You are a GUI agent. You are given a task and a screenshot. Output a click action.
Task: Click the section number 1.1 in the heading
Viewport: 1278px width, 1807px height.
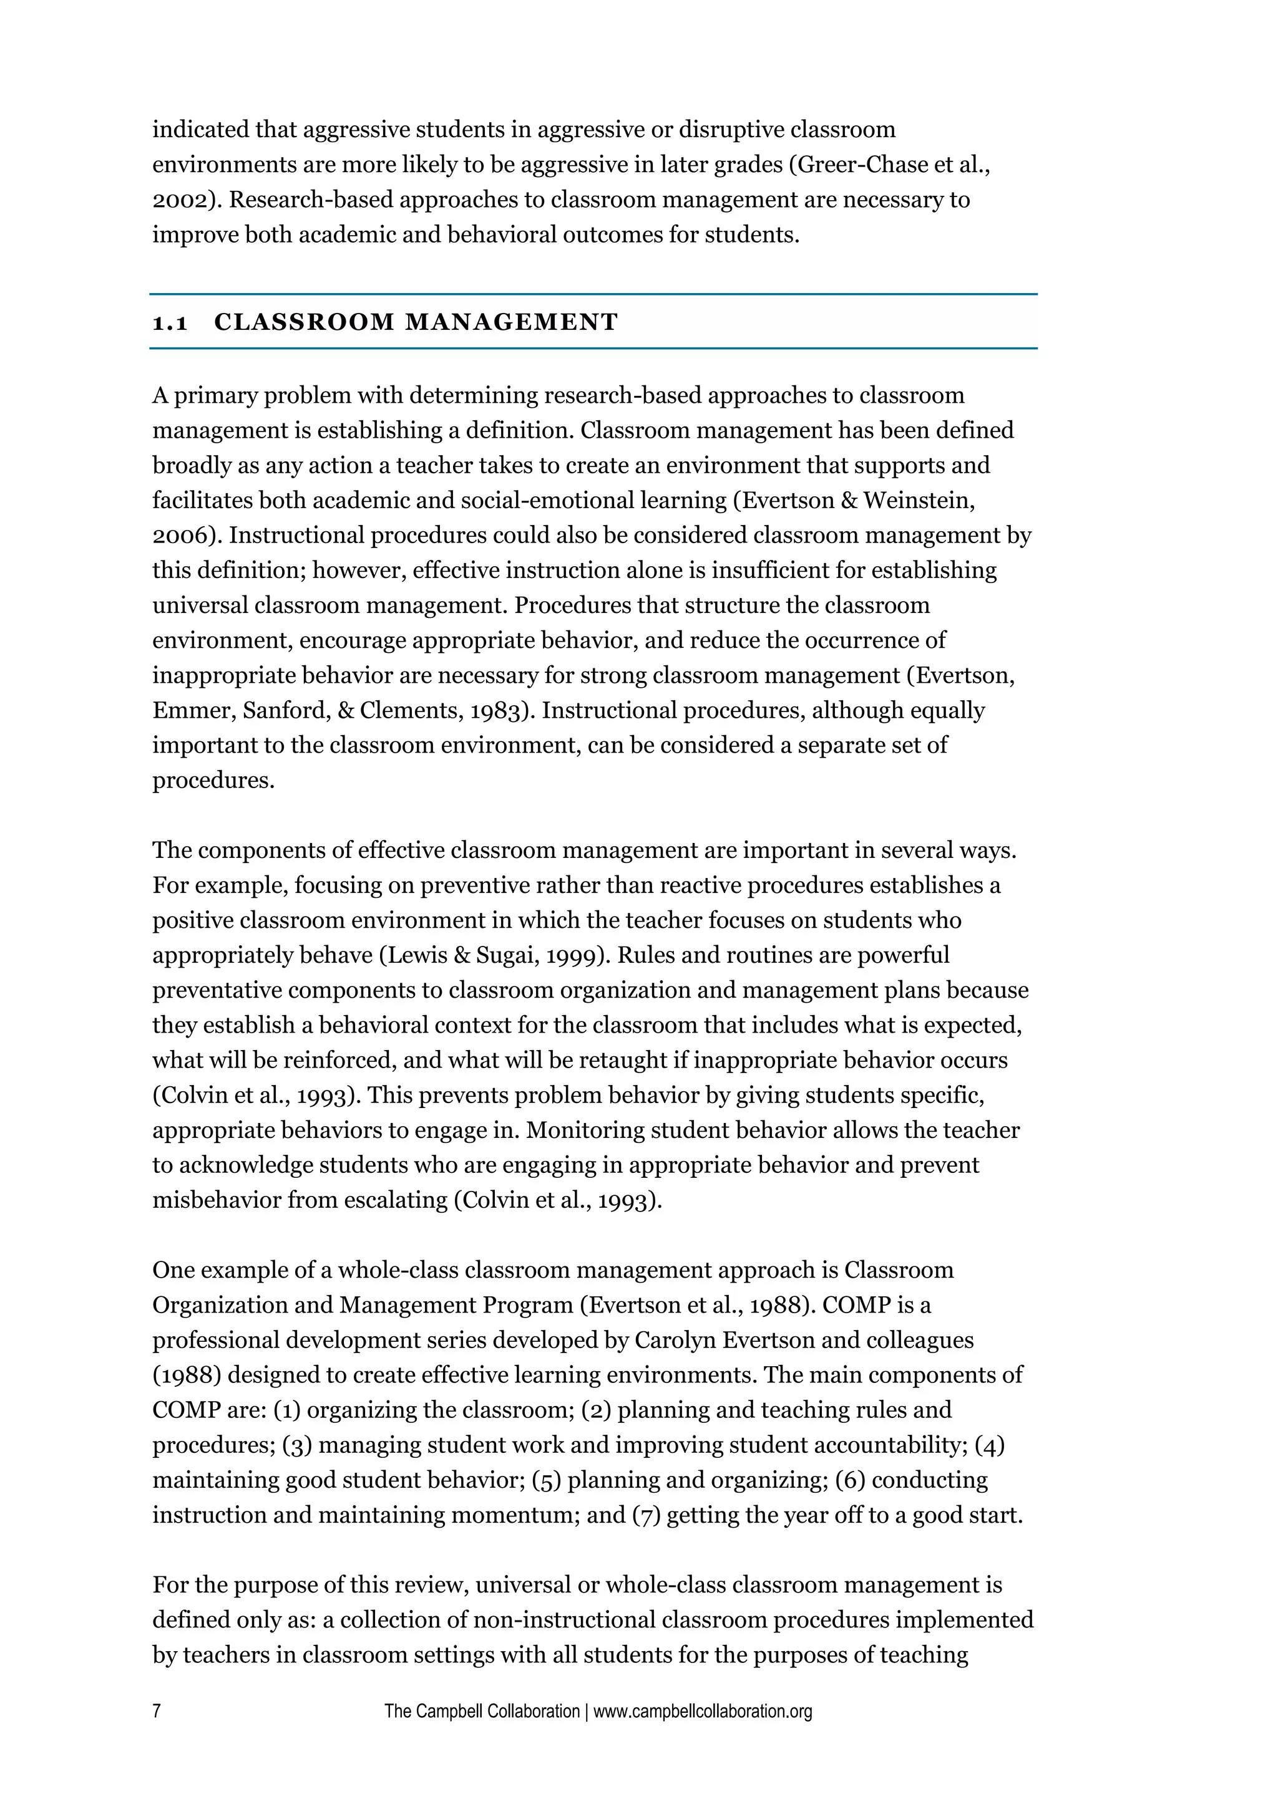[170, 323]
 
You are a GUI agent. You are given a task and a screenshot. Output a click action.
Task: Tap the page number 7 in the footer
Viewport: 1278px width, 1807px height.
[157, 1710]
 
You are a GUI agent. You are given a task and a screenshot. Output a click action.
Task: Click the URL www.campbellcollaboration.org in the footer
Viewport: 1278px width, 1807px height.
[703, 1711]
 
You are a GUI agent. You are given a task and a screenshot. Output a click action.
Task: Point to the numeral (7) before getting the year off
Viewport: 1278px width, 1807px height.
[646, 1515]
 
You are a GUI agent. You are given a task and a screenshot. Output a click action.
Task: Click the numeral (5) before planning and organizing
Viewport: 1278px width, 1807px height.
[547, 1480]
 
